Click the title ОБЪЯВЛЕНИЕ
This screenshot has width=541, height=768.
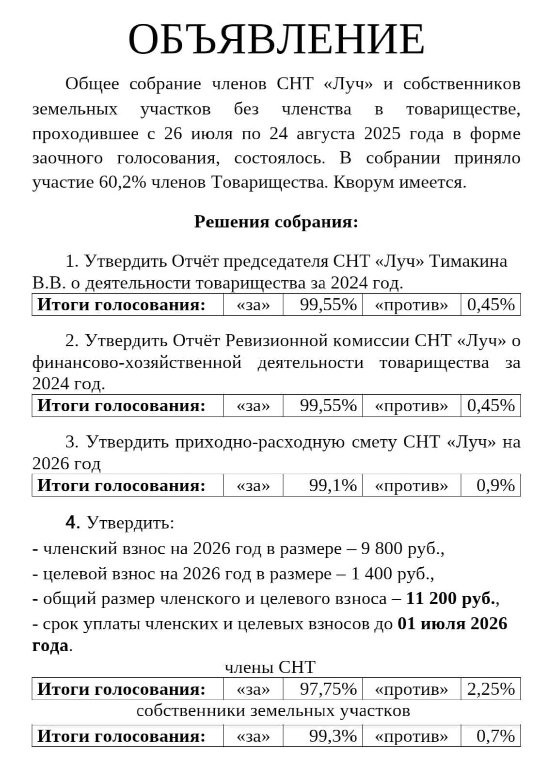click(276, 39)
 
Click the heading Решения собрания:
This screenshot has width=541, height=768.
click(276, 222)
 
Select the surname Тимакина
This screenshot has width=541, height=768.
click(468, 261)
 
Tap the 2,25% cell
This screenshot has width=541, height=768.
click(491, 689)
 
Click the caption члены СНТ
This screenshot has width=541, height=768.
click(270, 667)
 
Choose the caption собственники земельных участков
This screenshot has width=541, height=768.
click(273, 711)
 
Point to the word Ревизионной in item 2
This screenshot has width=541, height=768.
click(276, 341)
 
